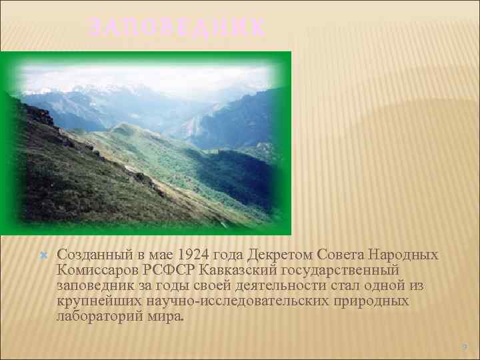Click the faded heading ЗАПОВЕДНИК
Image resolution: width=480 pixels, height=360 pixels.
[177, 28]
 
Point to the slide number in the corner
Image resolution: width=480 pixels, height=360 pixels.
[465, 347]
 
